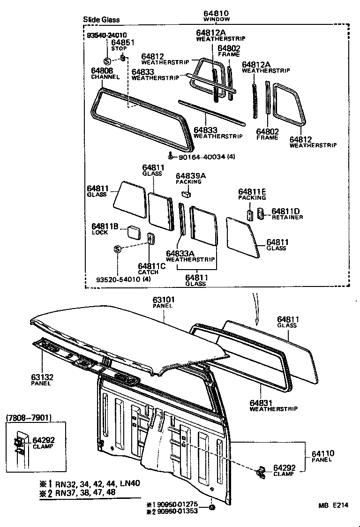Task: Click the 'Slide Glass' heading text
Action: (x=101, y=20)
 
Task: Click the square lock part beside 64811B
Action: (x=134, y=232)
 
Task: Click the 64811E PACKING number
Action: (x=252, y=192)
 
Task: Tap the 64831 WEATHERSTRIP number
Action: (x=261, y=403)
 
